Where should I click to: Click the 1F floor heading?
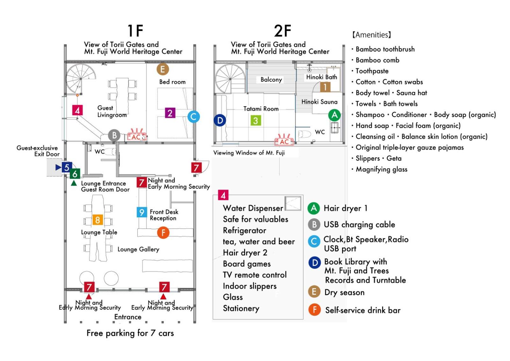tap(135, 31)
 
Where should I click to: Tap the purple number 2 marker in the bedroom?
tap(170, 113)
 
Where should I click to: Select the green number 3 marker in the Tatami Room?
tap(256, 120)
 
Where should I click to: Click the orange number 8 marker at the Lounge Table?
tap(98, 220)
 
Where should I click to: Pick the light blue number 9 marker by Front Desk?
tap(142, 212)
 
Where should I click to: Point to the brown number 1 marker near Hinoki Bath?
tap(325, 87)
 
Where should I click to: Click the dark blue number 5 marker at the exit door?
tap(67, 167)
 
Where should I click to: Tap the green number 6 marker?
tap(75, 174)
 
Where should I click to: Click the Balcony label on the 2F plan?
tap(271, 79)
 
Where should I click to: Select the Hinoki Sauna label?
tap(319, 102)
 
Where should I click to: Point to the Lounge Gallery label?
tap(138, 249)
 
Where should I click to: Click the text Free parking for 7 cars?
tap(130, 333)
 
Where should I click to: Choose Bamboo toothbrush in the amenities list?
tap(385, 49)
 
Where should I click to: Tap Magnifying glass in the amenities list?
tap(381, 169)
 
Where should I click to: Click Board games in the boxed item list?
tap(247, 264)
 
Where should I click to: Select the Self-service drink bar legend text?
tap(363, 310)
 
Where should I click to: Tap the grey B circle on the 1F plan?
tap(114, 135)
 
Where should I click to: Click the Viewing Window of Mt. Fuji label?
tap(249, 153)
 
